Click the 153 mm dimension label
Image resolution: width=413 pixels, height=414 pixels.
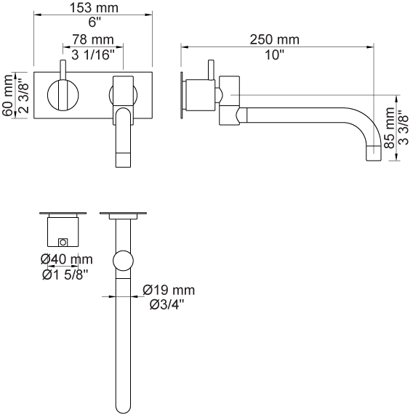click(94, 8)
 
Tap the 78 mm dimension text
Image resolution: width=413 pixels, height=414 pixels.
click(93, 40)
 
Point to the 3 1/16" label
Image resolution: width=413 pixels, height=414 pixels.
click(93, 55)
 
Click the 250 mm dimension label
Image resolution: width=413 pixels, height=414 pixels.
click(275, 40)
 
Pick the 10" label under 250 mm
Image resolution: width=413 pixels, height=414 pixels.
click(274, 55)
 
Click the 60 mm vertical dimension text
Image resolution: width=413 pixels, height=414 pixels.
click(8, 96)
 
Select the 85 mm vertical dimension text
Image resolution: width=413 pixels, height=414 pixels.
click(390, 128)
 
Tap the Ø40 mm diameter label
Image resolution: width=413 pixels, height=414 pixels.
click(67, 259)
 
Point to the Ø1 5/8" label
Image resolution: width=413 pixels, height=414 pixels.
click(65, 275)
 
